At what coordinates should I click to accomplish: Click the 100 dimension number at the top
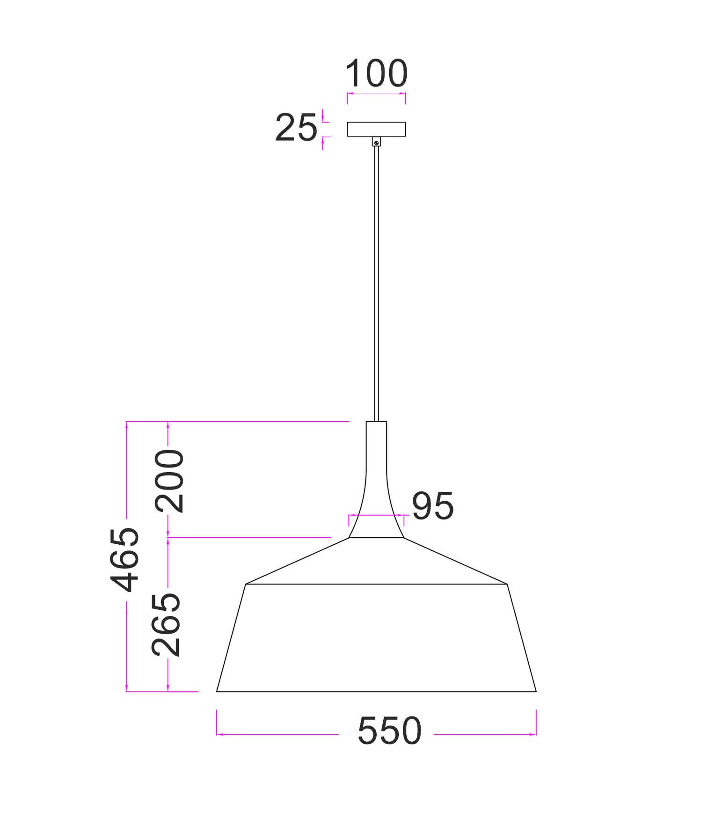376,74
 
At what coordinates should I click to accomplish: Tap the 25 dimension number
296,128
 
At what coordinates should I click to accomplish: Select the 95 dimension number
432,506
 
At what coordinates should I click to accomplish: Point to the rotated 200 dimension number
169,481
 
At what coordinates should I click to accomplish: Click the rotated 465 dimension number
125,560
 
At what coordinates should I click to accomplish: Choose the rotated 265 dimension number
166,625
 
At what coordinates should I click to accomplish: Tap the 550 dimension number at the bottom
389,731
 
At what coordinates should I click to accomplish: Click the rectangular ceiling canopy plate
376,129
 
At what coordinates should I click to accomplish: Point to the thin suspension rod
376,281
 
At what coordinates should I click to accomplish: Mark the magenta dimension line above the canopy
376,94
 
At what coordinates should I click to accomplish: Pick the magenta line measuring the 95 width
376,515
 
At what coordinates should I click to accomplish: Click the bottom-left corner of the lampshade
217,691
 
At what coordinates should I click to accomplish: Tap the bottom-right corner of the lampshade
536,691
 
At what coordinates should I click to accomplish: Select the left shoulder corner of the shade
246,584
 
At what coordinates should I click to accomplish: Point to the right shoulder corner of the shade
507,584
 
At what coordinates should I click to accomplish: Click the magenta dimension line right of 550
484,734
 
